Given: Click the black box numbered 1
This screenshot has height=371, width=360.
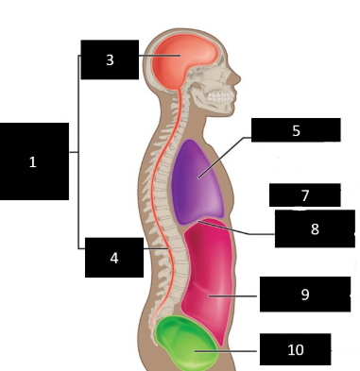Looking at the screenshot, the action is point(34,161).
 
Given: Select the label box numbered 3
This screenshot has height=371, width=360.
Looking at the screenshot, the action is point(110,59).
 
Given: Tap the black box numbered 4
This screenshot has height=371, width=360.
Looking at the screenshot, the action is point(112,257).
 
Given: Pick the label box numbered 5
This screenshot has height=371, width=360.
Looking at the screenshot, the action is point(296,130).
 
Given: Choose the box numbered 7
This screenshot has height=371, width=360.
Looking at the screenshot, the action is point(304,195).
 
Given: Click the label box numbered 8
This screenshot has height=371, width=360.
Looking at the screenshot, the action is point(315,228).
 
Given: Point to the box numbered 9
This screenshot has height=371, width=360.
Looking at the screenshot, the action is point(304,294).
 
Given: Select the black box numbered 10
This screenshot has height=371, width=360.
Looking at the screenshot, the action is point(296,348).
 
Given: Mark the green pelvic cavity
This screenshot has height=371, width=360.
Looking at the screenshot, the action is point(185,346).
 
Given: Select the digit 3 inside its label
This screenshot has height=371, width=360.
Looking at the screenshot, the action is point(110,60).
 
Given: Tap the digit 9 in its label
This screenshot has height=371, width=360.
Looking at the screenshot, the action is point(305,295).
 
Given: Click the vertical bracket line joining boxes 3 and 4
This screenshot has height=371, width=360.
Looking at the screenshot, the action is point(77,151).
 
